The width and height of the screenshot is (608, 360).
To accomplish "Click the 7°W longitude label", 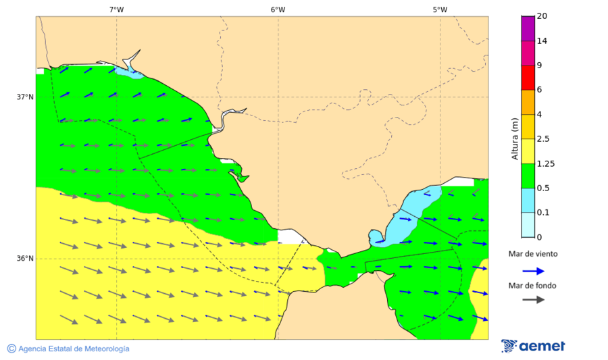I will [116, 9].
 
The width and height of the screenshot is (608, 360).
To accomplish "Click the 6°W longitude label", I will [278, 9].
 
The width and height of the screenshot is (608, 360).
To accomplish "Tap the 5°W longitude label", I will [440, 9].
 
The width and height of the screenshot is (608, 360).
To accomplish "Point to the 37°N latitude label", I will [25, 97].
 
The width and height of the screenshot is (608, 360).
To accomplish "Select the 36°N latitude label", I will [25, 259].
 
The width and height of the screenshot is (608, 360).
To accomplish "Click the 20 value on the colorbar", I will [541, 16].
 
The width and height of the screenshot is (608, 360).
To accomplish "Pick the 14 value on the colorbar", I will [541, 41].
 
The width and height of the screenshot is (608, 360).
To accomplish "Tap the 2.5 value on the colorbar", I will [543, 139].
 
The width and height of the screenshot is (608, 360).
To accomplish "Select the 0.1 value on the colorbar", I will [542, 213].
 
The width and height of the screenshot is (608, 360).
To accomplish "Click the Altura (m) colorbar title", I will [515, 139].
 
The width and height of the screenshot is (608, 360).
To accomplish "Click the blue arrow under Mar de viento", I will [534, 271].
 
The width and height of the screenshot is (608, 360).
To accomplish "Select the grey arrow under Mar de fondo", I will [534, 299].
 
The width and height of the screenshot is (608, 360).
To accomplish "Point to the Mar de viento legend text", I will [533, 255].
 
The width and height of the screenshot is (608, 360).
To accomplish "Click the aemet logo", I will [533, 346].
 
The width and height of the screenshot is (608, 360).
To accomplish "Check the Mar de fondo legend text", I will [533, 285].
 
